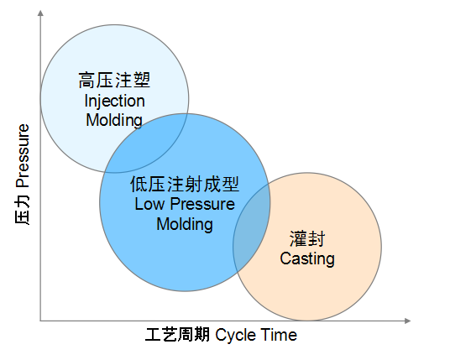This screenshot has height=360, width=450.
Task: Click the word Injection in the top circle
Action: point(114,102)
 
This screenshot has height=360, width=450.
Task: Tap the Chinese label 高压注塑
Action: point(114,80)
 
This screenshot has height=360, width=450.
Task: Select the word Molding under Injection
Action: point(114,120)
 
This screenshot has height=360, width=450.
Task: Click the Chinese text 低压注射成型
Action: point(185,184)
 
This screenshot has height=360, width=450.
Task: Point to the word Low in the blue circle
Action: point(149,204)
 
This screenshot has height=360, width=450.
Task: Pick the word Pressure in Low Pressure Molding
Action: point(202,204)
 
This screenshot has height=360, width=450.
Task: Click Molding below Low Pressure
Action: point(185,224)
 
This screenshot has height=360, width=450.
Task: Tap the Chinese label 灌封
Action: point(307,238)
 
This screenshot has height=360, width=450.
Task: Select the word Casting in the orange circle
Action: point(307,259)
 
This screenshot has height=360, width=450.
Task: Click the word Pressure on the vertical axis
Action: point(23,156)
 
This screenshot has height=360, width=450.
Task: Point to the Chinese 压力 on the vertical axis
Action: point(23,209)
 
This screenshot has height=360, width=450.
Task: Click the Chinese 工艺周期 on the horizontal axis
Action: point(177,335)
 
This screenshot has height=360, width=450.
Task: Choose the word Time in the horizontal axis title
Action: point(280,335)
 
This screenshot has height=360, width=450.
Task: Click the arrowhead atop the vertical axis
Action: point(40,13)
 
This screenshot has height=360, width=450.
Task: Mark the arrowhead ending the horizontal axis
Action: point(407,321)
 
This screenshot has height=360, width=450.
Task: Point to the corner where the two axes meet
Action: point(40,321)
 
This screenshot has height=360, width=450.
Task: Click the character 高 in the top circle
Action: point(86,80)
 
